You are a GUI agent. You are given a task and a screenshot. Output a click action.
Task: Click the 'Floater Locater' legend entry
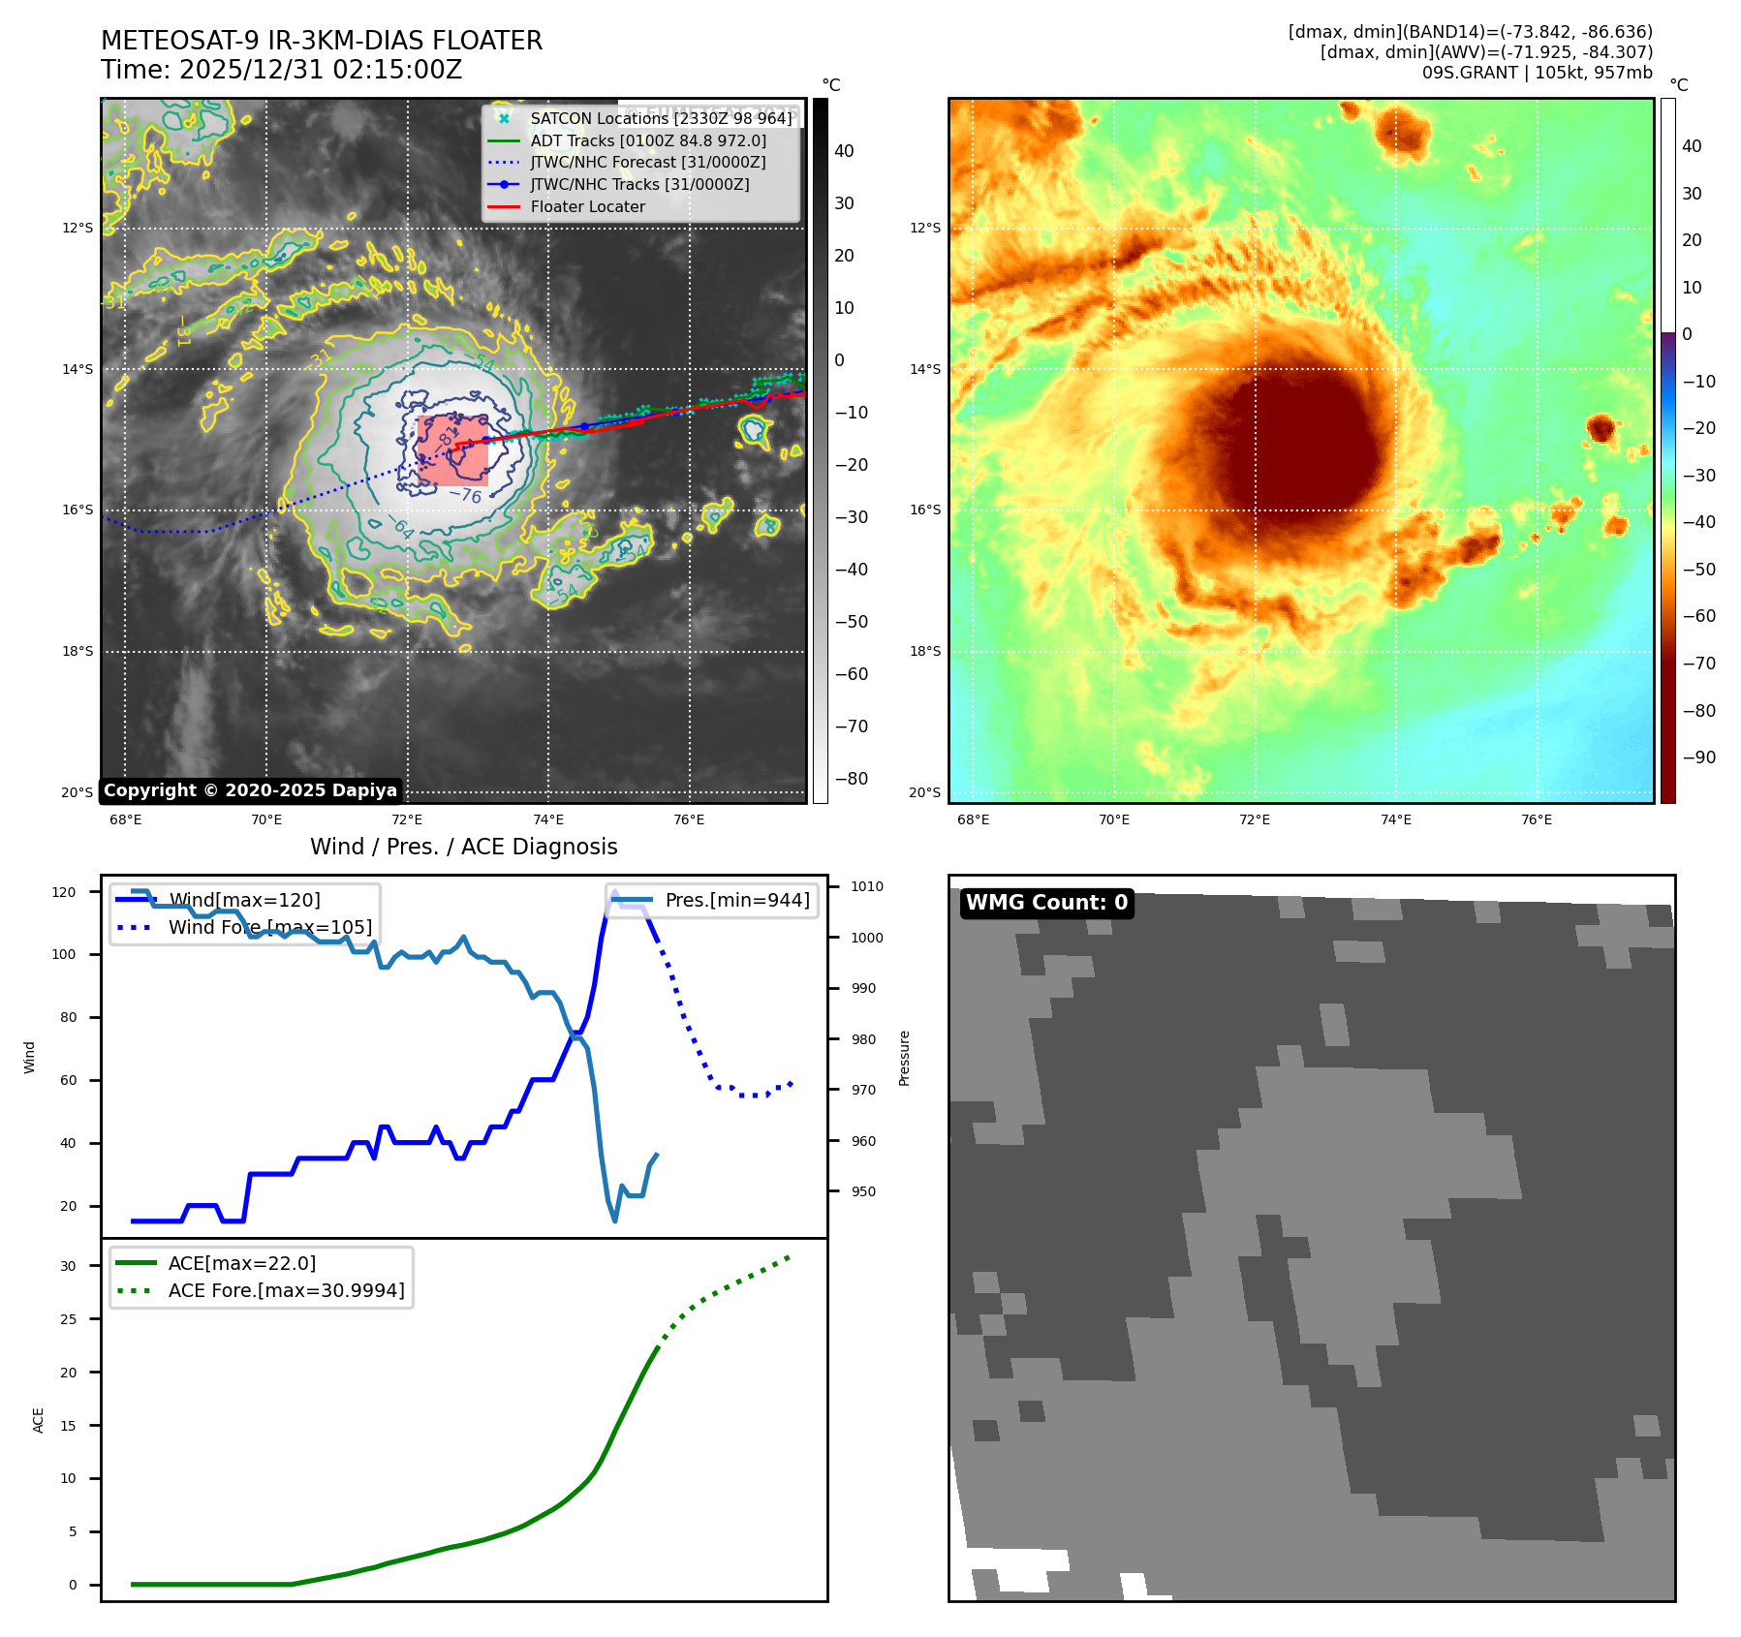click(x=587, y=206)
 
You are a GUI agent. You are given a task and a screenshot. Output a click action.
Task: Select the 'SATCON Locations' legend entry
click(x=661, y=118)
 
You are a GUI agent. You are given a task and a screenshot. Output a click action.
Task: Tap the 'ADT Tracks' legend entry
click(x=647, y=140)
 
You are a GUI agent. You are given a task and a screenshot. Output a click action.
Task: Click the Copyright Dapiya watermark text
click(x=250, y=790)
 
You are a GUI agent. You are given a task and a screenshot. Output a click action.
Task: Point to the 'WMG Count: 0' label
click(x=1046, y=903)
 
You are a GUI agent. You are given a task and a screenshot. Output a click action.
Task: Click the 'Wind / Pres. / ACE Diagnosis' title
click(x=463, y=847)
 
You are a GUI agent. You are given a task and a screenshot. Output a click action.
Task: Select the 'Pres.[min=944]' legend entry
click(x=736, y=900)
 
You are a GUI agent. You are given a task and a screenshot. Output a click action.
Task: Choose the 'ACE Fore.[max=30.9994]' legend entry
click(x=286, y=1290)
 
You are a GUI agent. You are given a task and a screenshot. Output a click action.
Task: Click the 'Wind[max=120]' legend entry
click(x=244, y=900)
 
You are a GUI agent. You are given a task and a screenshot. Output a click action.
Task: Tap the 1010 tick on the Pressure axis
click(x=867, y=886)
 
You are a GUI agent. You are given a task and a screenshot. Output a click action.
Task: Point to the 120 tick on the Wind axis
click(x=64, y=892)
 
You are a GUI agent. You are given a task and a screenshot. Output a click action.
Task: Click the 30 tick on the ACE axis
click(x=68, y=1266)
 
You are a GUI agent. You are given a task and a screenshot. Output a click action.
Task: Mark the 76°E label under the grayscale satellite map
click(x=689, y=819)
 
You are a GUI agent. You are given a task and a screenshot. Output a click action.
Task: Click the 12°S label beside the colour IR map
click(x=924, y=229)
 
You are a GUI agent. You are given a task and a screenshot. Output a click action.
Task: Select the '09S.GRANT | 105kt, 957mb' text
click(x=1537, y=73)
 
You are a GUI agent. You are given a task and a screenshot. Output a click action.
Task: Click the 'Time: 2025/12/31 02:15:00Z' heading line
click(x=281, y=70)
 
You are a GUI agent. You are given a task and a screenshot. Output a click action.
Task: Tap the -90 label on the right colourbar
click(x=1698, y=757)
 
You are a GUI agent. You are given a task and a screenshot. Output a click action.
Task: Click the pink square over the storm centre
click(x=453, y=450)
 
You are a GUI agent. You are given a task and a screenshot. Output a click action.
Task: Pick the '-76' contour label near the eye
click(x=465, y=495)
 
